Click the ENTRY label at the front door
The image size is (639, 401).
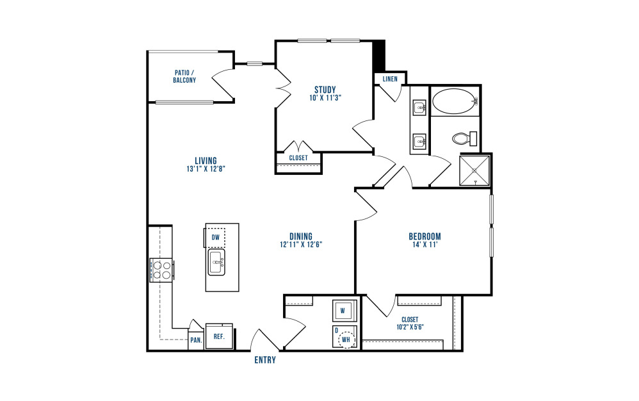click(265, 360)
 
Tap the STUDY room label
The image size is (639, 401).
click(325, 90)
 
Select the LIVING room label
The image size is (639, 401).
click(206, 161)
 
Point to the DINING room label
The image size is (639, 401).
click(301, 236)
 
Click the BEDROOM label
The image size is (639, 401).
click(425, 236)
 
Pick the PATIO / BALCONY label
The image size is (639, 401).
click(184, 76)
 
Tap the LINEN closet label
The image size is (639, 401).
click(390, 79)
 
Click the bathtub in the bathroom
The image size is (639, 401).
click(454, 101)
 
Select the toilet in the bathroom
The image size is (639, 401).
click(465, 138)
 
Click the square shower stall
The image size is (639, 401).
click(474, 170)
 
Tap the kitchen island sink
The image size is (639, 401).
click(216, 263)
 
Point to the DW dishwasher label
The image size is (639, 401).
click(216, 237)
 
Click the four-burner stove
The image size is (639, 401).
click(162, 270)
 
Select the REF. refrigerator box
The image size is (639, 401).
click(219, 336)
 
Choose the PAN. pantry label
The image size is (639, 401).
click(197, 340)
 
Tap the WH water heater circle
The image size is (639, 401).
click(346, 340)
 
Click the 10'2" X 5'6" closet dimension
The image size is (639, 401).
click(410, 327)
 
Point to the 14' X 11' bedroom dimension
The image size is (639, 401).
click(425, 245)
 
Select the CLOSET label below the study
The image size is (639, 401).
click(298, 158)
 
